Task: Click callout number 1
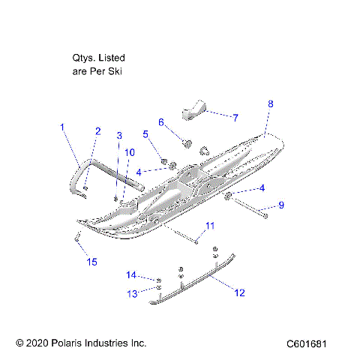point(63,127)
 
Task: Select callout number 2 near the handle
point(97,131)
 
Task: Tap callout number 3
point(118,136)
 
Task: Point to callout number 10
point(129,152)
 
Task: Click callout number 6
point(160,122)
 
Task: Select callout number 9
point(281,205)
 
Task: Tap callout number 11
point(210,226)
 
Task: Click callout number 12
point(239,293)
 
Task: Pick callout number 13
point(133,293)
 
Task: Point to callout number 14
point(131,274)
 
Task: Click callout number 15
point(92,262)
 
